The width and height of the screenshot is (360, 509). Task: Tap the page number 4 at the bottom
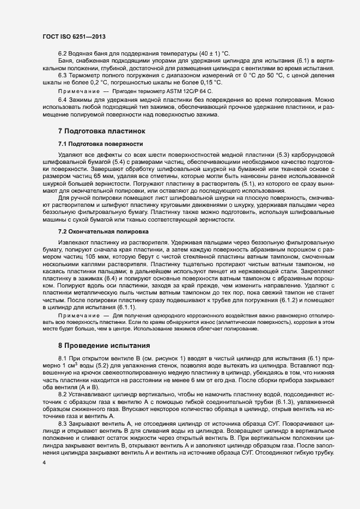[x=44, y=462]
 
